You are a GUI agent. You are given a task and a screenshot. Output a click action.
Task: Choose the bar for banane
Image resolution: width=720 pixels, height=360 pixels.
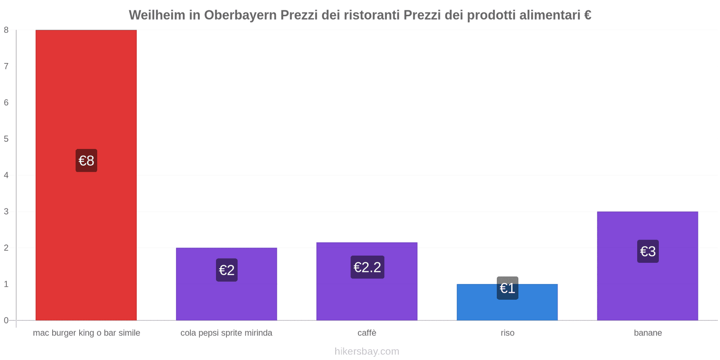(648, 288)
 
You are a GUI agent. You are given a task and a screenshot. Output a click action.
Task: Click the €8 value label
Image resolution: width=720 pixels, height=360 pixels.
(86, 161)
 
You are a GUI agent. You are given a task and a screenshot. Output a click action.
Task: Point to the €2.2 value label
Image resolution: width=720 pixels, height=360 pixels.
(367, 267)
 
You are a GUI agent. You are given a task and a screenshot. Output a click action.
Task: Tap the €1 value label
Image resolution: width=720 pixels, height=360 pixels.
(508, 288)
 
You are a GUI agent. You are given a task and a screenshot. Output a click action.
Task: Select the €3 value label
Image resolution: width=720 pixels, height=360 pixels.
(648, 251)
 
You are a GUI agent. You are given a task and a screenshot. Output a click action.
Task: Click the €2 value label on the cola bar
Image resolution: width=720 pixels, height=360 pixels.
(227, 270)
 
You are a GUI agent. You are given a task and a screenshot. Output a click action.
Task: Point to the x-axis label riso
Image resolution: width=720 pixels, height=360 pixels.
(508, 333)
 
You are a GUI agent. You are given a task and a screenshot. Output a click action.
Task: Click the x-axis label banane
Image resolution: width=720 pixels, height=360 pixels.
(648, 333)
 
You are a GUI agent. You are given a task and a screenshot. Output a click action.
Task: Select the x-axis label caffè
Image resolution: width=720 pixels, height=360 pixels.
(367, 333)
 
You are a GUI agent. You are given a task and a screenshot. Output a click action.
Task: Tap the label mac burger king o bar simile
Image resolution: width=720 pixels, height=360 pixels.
(86, 333)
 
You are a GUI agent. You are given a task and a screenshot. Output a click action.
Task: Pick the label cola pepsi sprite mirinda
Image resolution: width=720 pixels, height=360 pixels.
(226, 333)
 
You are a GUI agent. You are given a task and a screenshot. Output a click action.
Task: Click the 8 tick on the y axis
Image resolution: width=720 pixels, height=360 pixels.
(6, 30)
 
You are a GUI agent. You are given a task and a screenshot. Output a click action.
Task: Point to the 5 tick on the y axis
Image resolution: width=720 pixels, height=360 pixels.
(6, 139)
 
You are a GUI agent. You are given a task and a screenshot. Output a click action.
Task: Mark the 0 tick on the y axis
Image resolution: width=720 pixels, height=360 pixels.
(6, 320)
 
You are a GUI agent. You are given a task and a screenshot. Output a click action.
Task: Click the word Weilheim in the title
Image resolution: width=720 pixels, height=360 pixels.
(157, 15)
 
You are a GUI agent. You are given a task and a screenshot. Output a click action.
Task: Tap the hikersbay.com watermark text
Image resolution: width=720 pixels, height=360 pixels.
(367, 351)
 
